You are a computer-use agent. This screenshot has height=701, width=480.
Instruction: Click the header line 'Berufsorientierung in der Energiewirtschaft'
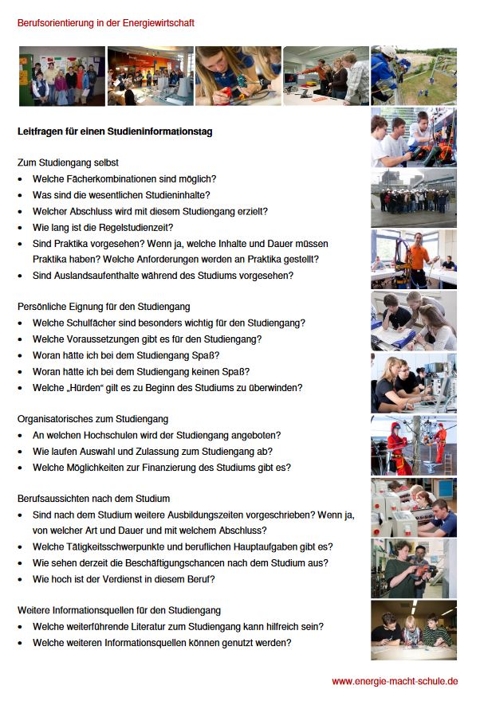[x=106, y=23]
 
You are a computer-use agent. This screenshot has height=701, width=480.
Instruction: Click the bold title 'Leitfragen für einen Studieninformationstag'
[x=115, y=131]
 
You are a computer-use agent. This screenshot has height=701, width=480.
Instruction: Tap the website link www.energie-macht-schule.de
[x=395, y=681]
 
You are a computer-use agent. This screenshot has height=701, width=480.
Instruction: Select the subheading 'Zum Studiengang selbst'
[x=68, y=163]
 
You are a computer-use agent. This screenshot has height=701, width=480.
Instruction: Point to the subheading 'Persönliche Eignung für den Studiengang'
[x=104, y=307]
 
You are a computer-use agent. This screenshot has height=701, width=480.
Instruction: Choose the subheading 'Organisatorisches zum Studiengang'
[x=92, y=419]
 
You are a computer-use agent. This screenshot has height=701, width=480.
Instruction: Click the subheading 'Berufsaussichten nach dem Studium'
[x=93, y=499]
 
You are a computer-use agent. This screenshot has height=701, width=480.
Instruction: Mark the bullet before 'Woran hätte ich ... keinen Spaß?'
[x=21, y=372]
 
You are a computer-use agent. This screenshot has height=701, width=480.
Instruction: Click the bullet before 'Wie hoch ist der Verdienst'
[x=21, y=579]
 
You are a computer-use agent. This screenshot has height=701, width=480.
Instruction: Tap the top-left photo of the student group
[x=61, y=76]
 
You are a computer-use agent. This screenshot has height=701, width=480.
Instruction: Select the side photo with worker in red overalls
[x=413, y=444]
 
